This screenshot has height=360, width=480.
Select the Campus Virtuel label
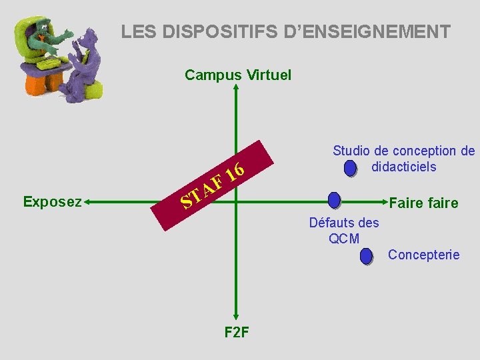click(x=238, y=75)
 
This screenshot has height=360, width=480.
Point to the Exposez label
click(x=53, y=201)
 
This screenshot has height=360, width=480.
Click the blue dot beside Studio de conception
click(x=351, y=169)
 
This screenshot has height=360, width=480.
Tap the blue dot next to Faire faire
click(x=334, y=199)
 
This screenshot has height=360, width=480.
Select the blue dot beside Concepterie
click(x=366, y=255)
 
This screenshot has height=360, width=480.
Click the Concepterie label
click(x=423, y=255)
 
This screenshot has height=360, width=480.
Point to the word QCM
click(x=344, y=239)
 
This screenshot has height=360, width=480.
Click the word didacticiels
click(x=404, y=167)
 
